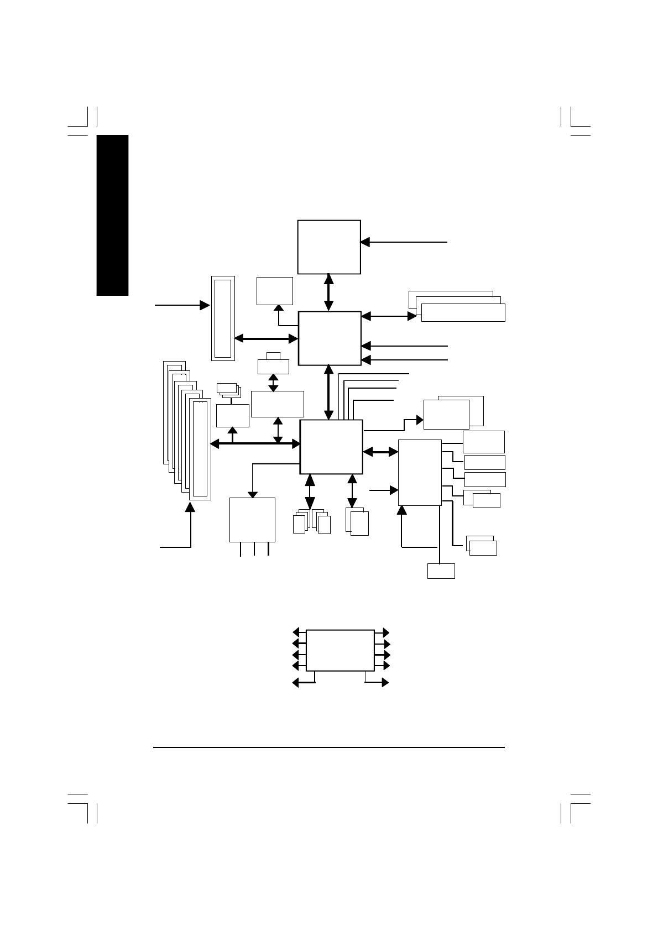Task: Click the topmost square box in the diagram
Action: point(329,247)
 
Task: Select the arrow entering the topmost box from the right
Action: point(404,242)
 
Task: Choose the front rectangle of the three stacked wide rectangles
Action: point(463,312)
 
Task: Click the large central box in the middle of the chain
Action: point(330,338)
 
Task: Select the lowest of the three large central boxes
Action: point(331,447)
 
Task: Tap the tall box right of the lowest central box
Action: point(420,472)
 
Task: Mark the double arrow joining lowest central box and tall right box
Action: point(381,452)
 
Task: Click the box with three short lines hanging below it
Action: point(252,520)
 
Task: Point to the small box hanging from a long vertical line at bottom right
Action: point(441,571)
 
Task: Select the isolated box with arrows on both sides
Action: point(340,650)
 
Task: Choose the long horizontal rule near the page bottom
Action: point(329,749)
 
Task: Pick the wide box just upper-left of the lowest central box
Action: point(277,404)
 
